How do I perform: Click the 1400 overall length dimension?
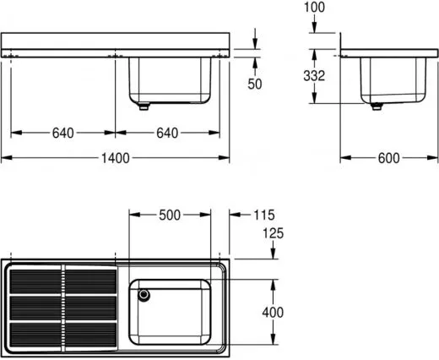(116, 159)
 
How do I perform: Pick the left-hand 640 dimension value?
(62, 133)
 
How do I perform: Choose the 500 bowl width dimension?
(170, 215)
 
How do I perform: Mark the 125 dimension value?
(273, 233)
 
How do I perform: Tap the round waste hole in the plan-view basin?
(144, 295)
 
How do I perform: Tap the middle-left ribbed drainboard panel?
(35, 308)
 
